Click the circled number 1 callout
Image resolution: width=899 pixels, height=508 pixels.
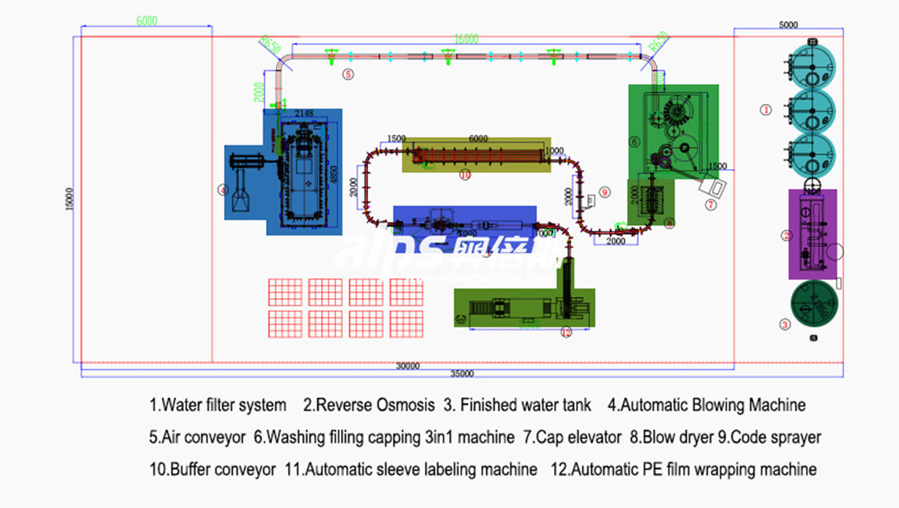pos(766,110)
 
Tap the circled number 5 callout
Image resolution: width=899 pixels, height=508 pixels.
pos(348,74)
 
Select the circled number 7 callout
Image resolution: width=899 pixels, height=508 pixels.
pos(710,205)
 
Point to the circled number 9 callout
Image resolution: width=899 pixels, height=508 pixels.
pos(605,192)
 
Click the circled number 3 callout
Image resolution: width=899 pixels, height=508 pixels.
pos(785,325)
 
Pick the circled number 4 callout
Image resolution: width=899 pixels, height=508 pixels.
pos(223,190)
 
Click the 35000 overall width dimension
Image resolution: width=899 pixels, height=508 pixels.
pos(461,374)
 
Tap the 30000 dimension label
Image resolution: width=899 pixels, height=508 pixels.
pos(408,366)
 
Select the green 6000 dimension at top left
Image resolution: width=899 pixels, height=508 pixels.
pos(147,21)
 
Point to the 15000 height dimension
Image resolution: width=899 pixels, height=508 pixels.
pos(69,199)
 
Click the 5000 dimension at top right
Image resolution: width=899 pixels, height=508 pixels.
pos(788,25)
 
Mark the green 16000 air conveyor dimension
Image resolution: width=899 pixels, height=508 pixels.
pos(466,39)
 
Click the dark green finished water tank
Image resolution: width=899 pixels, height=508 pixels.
pos(814,303)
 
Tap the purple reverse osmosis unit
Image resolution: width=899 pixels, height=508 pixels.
pos(812,234)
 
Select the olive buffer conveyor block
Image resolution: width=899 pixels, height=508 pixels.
pos(476,155)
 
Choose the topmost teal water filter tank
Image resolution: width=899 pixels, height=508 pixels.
pos(812,66)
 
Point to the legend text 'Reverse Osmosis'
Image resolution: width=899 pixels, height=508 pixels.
pos(368,405)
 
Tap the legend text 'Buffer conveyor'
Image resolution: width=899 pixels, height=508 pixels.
pos(213,470)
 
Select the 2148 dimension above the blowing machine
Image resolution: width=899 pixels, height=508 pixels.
pos(303,113)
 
